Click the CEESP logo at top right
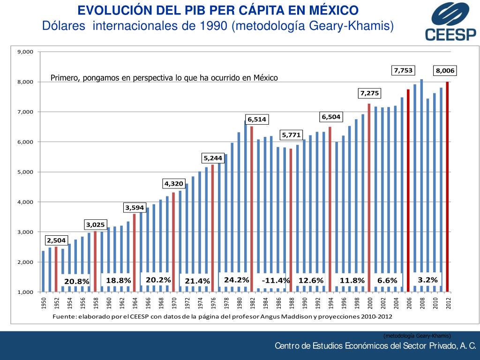tap(450, 22)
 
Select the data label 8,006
tap(445, 71)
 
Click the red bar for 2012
tap(448, 187)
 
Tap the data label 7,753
tap(403, 70)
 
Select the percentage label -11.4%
tap(276, 280)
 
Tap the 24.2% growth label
tap(236, 280)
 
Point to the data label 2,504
tap(56, 240)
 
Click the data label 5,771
tap(291, 135)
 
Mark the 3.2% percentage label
tap(427, 280)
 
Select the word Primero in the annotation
tap(65, 78)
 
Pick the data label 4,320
tap(173, 183)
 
